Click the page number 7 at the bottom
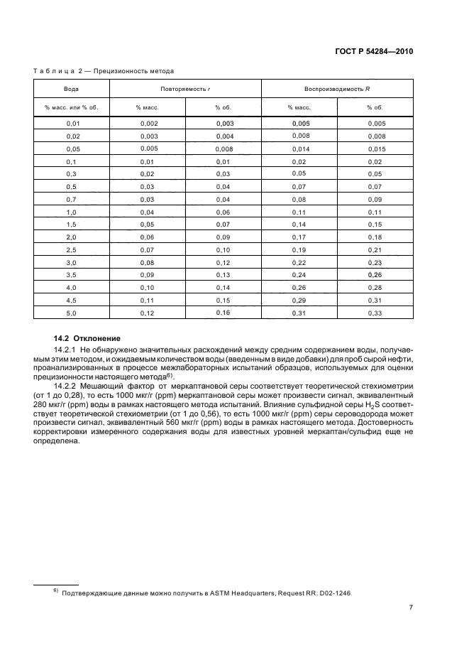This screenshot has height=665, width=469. pos(411,607)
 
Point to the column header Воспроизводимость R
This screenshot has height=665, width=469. pos(337,88)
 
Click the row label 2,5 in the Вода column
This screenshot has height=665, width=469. pos(72,250)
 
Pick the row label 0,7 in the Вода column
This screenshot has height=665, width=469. pos(72,199)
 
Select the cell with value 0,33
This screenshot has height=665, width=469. pos(375,314)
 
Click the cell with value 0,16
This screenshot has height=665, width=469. pos(223,313)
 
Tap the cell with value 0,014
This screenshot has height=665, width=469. pos(299,149)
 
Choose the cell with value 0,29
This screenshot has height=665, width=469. pos(299,301)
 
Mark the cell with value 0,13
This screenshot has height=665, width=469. pos(223,276)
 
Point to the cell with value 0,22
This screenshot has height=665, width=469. pos(299,263)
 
